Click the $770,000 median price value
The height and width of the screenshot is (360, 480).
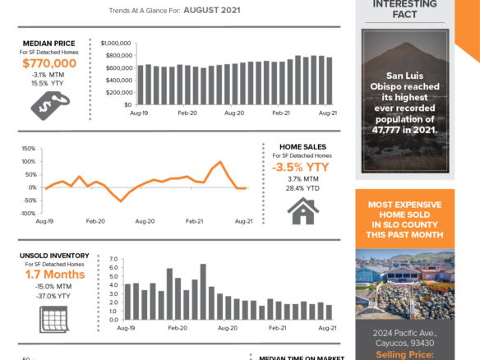point(49,62)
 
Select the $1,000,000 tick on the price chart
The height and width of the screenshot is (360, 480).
point(115,43)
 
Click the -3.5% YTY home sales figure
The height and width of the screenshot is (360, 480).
point(302,167)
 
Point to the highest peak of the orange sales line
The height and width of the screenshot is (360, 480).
point(220,162)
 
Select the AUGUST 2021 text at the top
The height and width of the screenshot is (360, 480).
point(212,11)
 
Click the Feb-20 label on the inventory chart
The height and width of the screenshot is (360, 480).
point(177,327)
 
